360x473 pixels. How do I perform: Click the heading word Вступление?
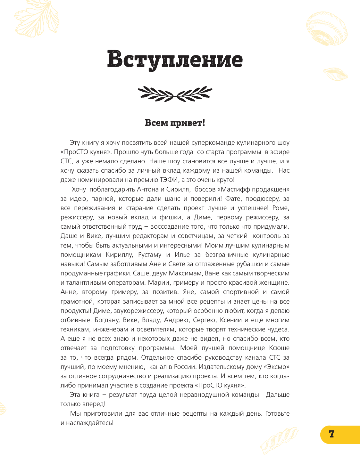(175, 59)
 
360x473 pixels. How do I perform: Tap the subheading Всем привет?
(175, 123)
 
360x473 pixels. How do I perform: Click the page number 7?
(332, 434)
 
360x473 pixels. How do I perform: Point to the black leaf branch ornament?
(175, 94)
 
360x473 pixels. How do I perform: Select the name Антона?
(148, 189)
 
